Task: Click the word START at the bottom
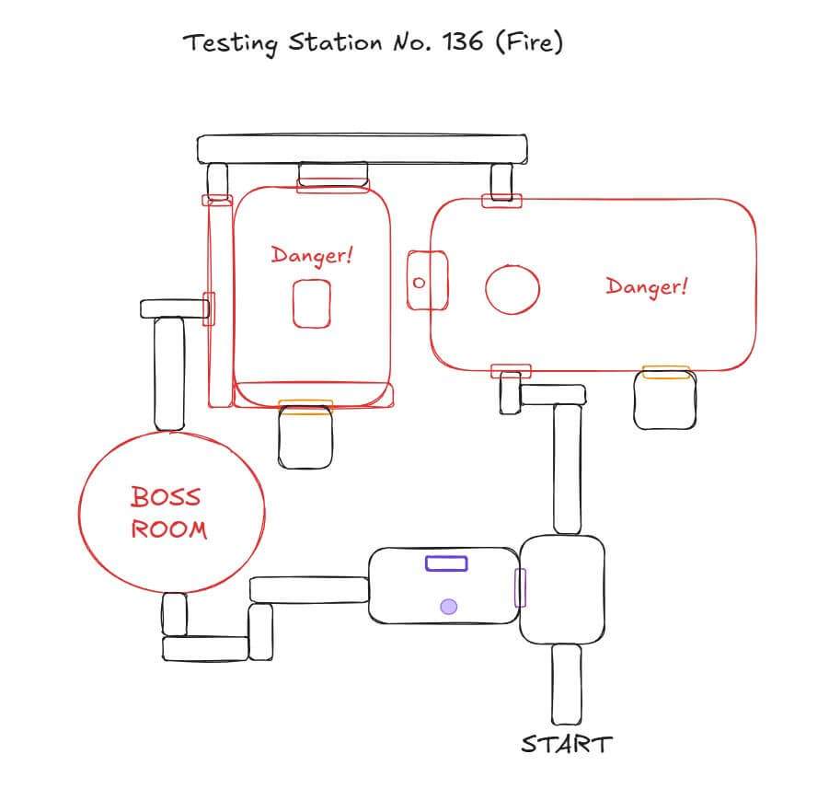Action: pyautogui.click(x=566, y=744)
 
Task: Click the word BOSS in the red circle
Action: pyautogui.click(x=166, y=498)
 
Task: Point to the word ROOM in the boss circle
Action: pyautogui.click(x=168, y=530)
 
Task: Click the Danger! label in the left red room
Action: pyautogui.click(x=312, y=254)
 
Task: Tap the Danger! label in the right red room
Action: pyautogui.click(x=647, y=286)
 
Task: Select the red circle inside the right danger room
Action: pyautogui.click(x=512, y=290)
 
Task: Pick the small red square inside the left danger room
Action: pyautogui.click(x=312, y=304)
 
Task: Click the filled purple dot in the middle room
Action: pyautogui.click(x=448, y=606)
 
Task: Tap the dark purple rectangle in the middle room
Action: pyautogui.click(x=446, y=563)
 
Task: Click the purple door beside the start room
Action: pyautogui.click(x=520, y=587)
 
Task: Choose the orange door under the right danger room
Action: pyautogui.click(x=666, y=372)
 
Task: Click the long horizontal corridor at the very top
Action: pyautogui.click(x=363, y=148)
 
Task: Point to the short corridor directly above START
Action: pyautogui.click(x=566, y=683)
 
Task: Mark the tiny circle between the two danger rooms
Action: pyautogui.click(x=419, y=283)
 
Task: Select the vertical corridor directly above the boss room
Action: pyautogui.click(x=168, y=374)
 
